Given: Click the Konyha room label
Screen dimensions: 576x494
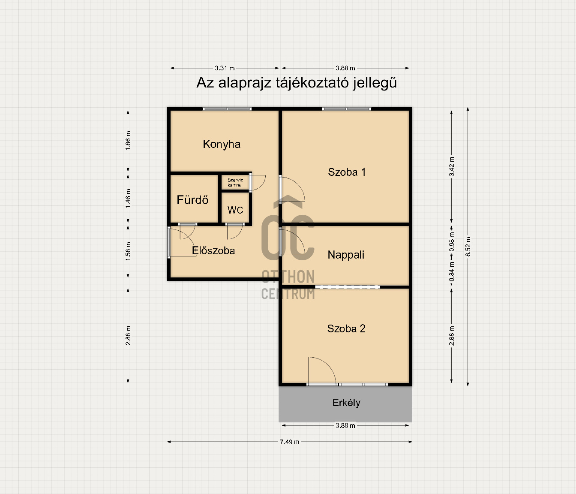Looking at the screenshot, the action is pyautogui.click(x=222, y=144).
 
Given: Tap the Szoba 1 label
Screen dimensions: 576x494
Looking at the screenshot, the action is pyautogui.click(x=347, y=172).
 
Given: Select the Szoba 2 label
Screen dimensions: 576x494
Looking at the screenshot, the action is pyautogui.click(x=346, y=328).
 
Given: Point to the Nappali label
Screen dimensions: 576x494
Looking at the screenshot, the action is pyautogui.click(x=346, y=255).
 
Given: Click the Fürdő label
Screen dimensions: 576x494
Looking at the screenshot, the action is pyautogui.click(x=192, y=199).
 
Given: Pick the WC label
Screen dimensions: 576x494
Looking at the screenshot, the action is pyautogui.click(x=235, y=210).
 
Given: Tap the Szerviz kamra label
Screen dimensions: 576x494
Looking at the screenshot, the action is pyautogui.click(x=235, y=183).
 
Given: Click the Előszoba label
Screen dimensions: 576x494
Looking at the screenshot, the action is pyautogui.click(x=213, y=250).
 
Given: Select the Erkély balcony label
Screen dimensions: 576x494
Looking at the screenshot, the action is pyautogui.click(x=346, y=403).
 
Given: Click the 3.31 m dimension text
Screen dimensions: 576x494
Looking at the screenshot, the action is pyautogui.click(x=225, y=68).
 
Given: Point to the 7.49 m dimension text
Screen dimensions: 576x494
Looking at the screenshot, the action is pyautogui.click(x=290, y=442).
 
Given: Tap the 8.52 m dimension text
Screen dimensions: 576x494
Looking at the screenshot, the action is pyautogui.click(x=468, y=247).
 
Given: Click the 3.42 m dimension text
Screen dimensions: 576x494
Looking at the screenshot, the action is pyautogui.click(x=452, y=166).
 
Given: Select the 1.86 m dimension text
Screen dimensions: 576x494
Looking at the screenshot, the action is pyautogui.click(x=128, y=140).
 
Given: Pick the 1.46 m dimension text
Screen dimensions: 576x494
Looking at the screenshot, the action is pyautogui.click(x=128, y=198).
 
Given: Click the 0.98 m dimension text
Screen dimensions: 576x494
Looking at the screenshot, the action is pyautogui.click(x=452, y=242).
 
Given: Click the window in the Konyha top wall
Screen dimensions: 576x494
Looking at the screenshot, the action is pyautogui.click(x=227, y=109).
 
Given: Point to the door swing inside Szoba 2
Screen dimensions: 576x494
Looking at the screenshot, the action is pyautogui.click(x=322, y=370).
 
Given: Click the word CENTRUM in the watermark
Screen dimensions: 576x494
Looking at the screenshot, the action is pyautogui.click(x=288, y=294).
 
